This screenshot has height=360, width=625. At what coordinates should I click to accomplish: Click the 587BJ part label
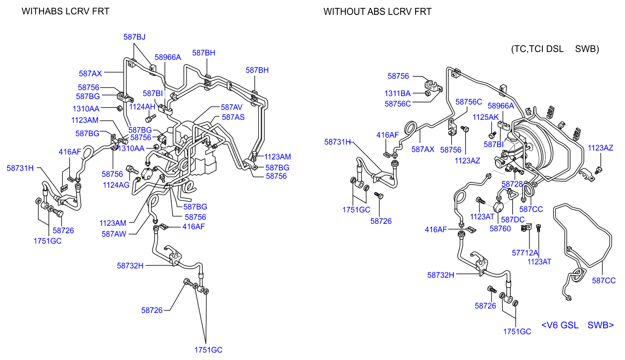134,36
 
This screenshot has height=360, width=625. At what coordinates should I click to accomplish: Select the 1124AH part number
142,106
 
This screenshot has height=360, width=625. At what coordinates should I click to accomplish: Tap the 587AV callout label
232,107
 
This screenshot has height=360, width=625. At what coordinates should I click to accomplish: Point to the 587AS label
233,117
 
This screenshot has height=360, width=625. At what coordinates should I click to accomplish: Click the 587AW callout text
114,234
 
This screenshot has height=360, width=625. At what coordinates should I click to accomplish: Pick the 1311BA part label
398,93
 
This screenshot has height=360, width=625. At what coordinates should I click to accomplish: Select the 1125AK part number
485,117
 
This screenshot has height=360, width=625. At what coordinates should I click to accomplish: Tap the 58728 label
512,184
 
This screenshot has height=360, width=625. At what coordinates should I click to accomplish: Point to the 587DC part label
513,219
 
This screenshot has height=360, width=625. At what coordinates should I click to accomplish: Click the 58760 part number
500,229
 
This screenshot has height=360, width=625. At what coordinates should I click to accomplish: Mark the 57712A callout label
525,253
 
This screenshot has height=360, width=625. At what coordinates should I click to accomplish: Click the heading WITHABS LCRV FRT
65,11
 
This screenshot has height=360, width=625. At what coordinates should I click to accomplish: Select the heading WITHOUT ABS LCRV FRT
377,11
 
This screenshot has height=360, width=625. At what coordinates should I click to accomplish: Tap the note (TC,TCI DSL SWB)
555,49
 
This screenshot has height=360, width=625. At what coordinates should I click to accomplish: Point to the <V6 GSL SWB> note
577,325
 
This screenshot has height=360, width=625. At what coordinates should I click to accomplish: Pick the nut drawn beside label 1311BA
427,93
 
